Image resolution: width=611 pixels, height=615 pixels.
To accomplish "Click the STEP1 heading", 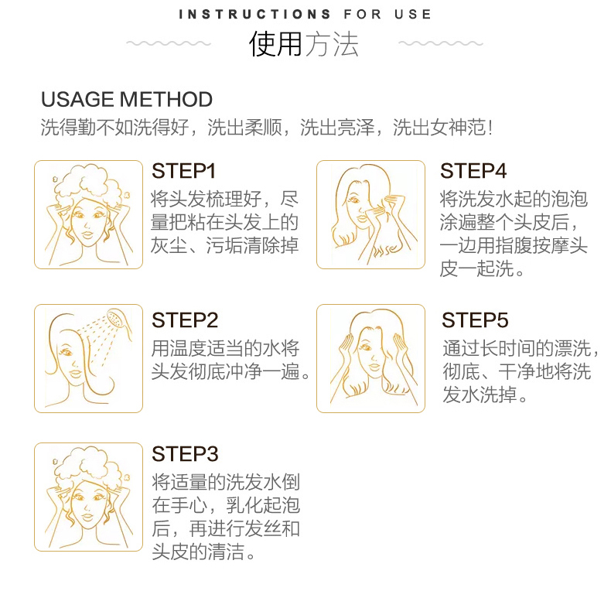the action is point(183,171).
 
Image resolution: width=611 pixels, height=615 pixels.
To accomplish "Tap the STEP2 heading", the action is point(185,320).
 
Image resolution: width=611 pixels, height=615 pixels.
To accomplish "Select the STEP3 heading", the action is point(185,454).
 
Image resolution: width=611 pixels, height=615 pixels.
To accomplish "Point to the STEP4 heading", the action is point(473,171).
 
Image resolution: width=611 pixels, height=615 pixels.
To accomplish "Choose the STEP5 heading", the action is point(475,320).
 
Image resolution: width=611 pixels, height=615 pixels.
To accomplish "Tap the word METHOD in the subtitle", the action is point(166,99).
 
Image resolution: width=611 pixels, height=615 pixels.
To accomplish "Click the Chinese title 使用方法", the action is point(304,44).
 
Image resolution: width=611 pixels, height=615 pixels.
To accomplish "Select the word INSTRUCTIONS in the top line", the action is point(254,15).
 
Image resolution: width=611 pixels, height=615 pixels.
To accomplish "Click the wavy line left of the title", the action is point(169,43).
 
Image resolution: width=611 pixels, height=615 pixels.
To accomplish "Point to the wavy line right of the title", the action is point(441,43).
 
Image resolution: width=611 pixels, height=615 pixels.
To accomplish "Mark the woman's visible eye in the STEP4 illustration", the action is point(354,200).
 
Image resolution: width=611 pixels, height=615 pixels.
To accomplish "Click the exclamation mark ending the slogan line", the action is point(490,128).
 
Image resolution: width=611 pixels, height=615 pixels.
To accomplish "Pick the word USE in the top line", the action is point(412,15).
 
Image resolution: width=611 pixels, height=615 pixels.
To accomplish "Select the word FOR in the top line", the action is point(363,15).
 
